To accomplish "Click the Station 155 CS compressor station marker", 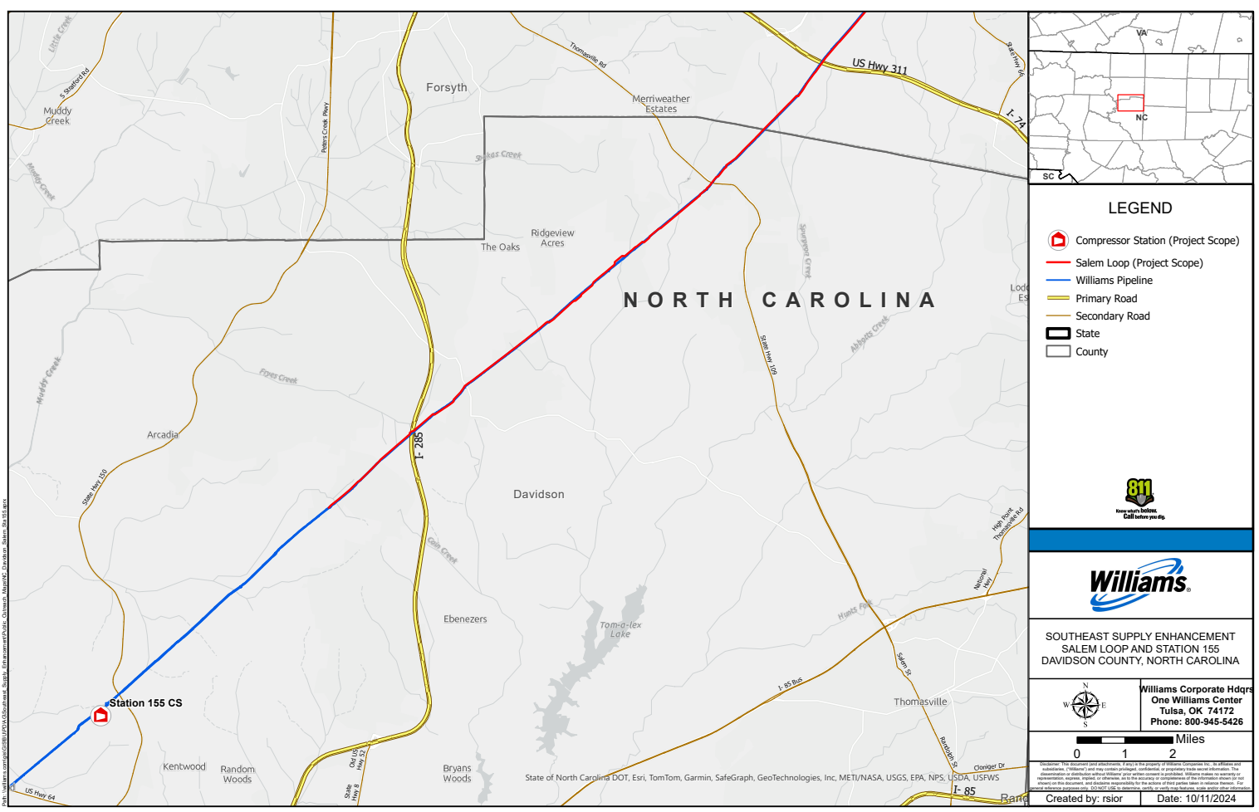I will [100, 715].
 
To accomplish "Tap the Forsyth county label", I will [446, 87].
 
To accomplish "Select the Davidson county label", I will [538, 494].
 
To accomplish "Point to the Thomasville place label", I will [919, 702].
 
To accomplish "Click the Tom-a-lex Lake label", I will [620, 629].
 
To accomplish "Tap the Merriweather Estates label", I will [661, 104].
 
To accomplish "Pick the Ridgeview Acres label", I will [552, 238].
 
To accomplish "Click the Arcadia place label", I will [163, 434].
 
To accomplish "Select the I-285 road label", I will [419, 445].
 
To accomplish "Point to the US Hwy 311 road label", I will [879, 66].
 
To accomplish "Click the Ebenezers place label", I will [465, 619].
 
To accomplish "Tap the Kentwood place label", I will [184, 766].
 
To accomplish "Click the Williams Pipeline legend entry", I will [1114, 281].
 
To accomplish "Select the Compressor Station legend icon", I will [1058, 241].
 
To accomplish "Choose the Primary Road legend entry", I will [1106, 299].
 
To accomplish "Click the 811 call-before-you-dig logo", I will [1139, 499].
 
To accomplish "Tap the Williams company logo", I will [1139, 583].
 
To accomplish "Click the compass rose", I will [1085, 705].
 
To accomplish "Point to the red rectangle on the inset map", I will [1130, 103].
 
